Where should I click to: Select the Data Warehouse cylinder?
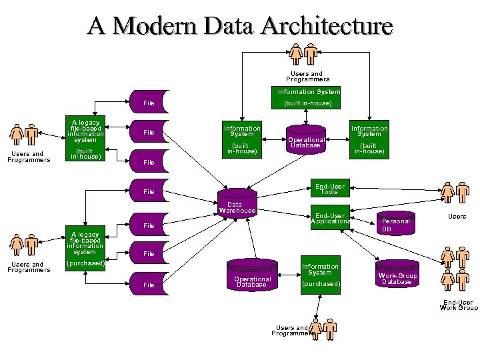coord(237,203)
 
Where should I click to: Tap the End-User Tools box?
coord(330,189)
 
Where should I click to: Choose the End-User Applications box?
coord(330,218)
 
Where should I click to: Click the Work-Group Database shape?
coord(397,277)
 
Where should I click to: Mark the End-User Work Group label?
coord(459,305)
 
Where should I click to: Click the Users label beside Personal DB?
coord(457,216)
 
